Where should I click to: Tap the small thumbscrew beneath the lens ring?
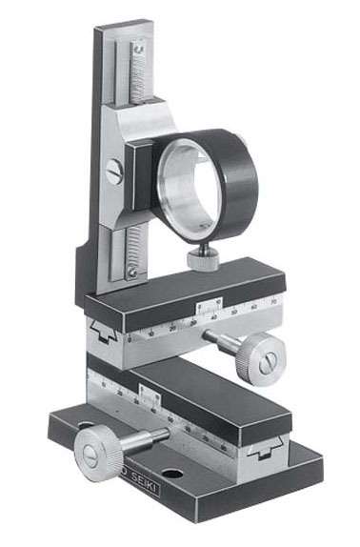(201, 257)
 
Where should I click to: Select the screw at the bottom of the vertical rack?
(131, 273)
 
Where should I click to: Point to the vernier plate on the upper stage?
(206, 310)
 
